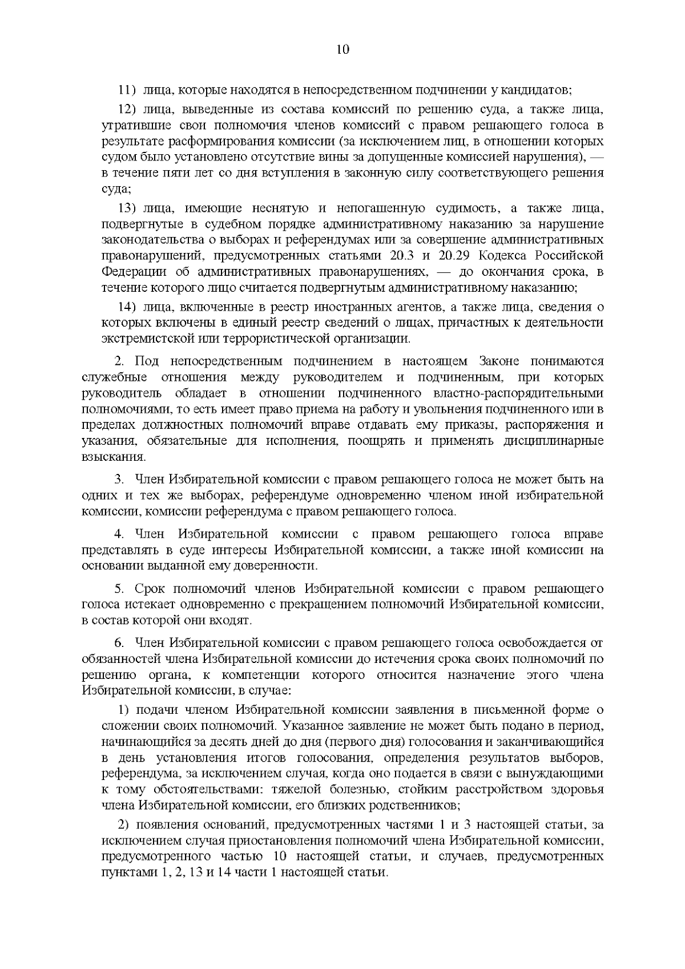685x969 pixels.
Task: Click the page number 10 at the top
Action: (x=342, y=50)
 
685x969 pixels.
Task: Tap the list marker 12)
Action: (x=127, y=108)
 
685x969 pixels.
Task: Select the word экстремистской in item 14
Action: (x=147, y=339)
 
